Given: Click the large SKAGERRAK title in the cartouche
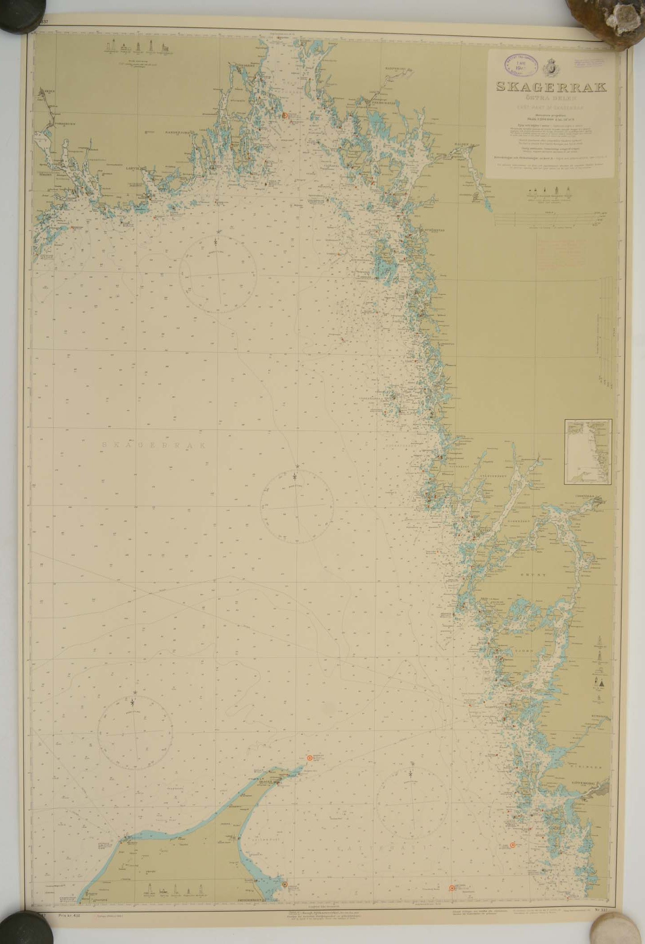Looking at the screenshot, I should (x=551, y=87).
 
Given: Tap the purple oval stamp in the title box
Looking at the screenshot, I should (x=521, y=63).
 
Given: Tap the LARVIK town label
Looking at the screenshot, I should (x=133, y=168).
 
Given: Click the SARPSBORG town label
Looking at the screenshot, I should (x=394, y=69).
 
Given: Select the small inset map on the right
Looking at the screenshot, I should (x=588, y=452).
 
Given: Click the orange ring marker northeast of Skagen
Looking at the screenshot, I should (x=310, y=758).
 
